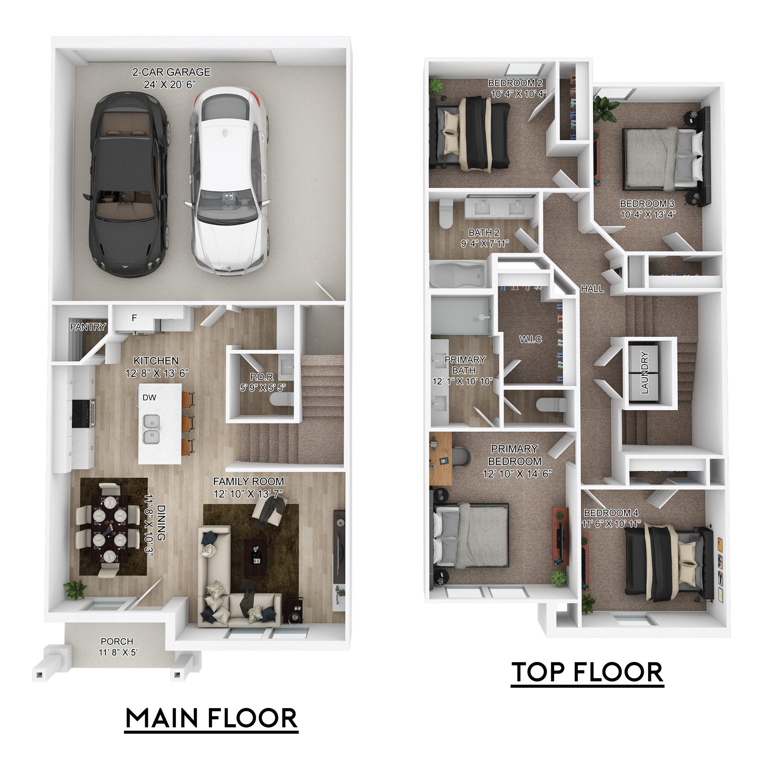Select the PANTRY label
pyautogui.click(x=88, y=327)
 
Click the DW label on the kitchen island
pyautogui.click(x=149, y=397)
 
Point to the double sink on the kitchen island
pyautogui.click(x=151, y=429)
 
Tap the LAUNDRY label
pyautogui.click(x=645, y=373)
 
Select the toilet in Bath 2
pyautogui.click(x=446, y=214)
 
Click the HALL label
pyautogui.click(x=592, y=289)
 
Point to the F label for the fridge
pyautogui.click(x=134, y=318)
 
